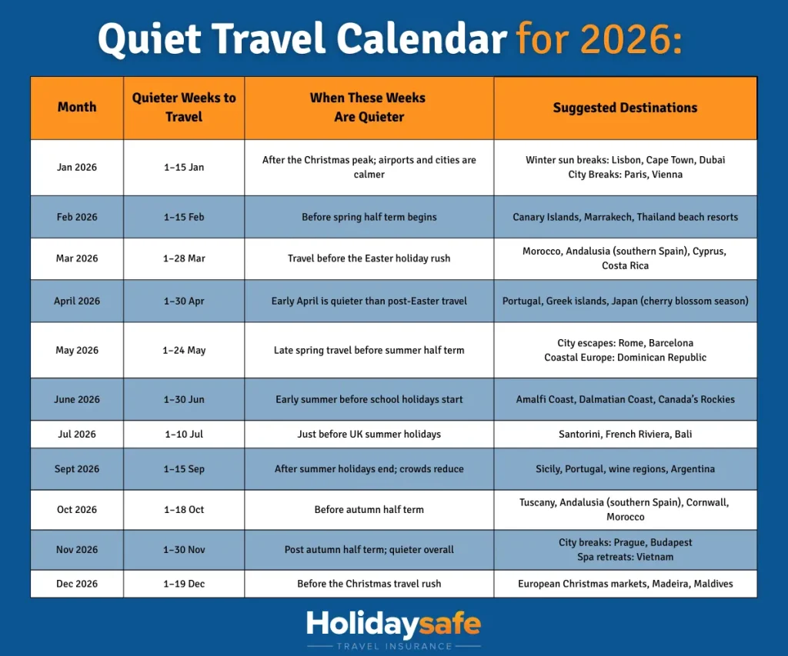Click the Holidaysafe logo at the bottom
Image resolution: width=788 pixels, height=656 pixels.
point(393,624)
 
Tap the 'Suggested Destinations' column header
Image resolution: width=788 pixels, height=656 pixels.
point(625,108)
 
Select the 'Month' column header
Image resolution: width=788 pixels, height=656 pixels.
point(77,108)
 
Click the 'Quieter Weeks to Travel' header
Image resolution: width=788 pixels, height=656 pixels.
point(184,108)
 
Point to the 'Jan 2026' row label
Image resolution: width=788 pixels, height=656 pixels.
point(77,168)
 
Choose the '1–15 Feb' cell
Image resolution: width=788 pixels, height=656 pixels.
point(184,217)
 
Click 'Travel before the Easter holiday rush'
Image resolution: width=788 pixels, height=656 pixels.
point(369,258)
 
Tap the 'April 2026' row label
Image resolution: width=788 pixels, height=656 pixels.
point(77,301)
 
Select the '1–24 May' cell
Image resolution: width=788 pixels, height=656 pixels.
point(184,350)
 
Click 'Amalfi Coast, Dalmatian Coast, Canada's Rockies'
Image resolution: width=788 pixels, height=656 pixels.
point(625,399)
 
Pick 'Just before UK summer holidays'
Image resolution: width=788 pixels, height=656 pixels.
point(369,434)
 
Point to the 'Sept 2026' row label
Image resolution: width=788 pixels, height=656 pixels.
point(77,469)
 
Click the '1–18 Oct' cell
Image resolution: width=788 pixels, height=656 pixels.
point(184,509)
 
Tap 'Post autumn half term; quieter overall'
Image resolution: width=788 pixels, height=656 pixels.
point(369,550)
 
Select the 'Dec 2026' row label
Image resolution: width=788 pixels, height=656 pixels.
point(77,584)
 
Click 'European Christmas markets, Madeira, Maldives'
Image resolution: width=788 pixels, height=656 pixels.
point(625,584)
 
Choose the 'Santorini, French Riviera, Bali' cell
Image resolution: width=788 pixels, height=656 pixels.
point(625,434)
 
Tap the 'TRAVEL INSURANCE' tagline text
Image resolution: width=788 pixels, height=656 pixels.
point(393,646)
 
